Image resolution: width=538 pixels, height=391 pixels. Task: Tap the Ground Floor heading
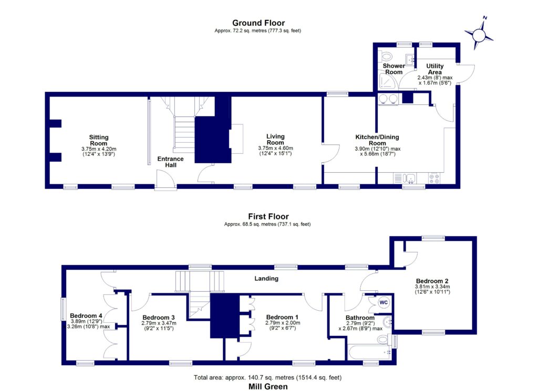(258, 23)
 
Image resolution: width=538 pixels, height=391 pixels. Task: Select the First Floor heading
(268, 216)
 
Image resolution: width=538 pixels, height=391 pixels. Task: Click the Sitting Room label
(98, 140)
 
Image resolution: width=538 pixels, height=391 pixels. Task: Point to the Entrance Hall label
(170, 162)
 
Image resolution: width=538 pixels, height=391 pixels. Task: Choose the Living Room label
(275, 139)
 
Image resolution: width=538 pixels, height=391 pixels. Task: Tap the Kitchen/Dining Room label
(378, 140)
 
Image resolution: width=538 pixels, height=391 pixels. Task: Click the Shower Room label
(394, 69)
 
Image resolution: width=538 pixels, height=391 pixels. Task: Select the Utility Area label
(434, 69)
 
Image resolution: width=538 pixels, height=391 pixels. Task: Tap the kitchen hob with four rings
(435, 178)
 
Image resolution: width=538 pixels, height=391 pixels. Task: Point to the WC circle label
(384, 302)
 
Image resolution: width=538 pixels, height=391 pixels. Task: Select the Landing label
(266, 279)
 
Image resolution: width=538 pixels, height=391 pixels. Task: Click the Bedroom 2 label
(430, 280)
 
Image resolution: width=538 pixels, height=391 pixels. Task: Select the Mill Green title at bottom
(268, 386)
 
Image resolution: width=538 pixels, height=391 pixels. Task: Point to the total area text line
(268, 377)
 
